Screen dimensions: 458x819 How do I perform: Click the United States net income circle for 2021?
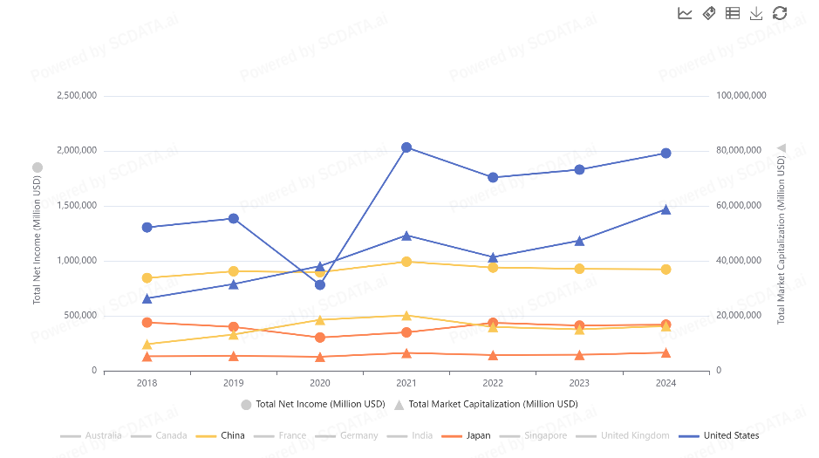(406, 147)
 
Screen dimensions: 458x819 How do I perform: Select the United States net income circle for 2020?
(320, 284)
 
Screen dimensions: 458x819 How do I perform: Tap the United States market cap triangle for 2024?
(665, 209)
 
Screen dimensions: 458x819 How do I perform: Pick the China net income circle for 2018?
(147, 278)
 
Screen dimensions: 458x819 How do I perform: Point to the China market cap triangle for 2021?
(406, 315)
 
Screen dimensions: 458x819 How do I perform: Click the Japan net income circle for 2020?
(320, 338)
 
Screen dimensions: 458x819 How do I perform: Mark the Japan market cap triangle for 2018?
(147, 356)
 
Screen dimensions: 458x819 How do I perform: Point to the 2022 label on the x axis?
(493, 383)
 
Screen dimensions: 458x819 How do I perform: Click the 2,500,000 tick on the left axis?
(76, 95)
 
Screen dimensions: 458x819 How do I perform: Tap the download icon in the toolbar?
(756, 13)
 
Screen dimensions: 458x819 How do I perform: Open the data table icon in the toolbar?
(733, 13)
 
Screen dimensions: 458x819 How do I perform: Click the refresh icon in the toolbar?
(780, 13)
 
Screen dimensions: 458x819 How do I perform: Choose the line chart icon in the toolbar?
(685, 13)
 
